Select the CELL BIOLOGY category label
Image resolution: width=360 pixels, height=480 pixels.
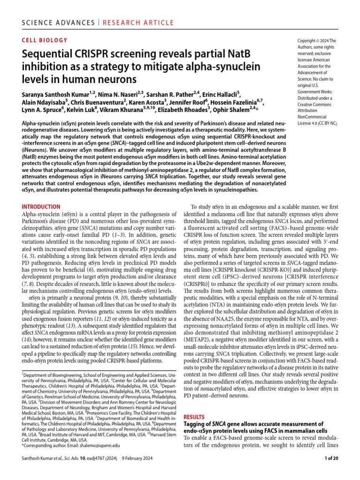[45, 40]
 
